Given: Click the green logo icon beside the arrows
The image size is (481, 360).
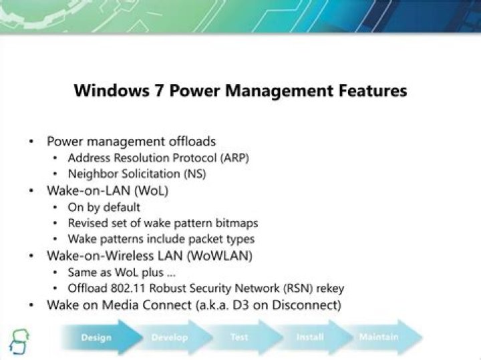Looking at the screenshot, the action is pyautogui.click(x=19, y=341).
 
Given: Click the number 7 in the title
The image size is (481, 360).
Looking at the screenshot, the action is pyautogui.click(x=158, y=91).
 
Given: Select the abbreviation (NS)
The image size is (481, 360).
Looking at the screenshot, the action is pyautogui.click(x=195, y=174).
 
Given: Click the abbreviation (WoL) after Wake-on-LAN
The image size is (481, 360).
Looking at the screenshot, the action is pyautogui.click(x=152, y=190).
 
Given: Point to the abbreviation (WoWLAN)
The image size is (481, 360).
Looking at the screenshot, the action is pyautogui.click(x=220, y=256).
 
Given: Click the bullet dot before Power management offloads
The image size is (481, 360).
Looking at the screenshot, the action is pyautogui.click(x=31, y=142).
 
